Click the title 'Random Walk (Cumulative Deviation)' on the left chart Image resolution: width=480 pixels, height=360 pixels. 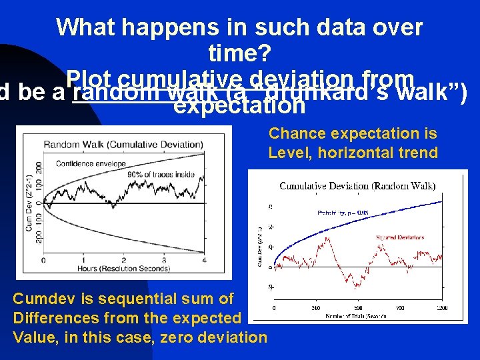click(123, 144)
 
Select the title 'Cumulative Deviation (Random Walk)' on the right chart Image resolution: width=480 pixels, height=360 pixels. click(357, 185)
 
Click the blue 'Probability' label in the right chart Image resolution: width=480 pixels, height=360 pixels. click(342, 213)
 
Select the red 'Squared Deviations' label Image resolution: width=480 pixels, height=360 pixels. click(400, 237)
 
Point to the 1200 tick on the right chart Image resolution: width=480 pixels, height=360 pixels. click(443, 307)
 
